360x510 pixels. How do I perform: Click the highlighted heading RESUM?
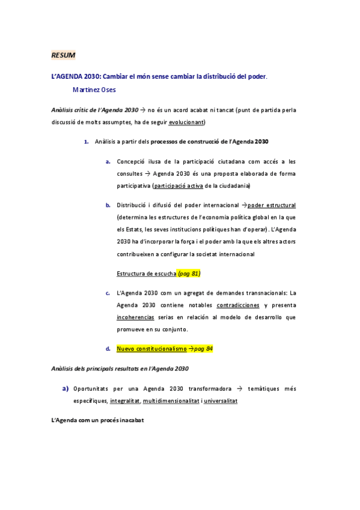tap(63, 55)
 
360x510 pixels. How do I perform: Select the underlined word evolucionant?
tap(186, 122)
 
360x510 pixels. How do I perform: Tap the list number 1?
tap(87, 142)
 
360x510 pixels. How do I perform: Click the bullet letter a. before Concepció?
tap(108, 162)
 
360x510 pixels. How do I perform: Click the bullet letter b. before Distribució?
tap(108, 205)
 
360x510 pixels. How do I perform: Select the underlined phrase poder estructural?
tap(272, 205)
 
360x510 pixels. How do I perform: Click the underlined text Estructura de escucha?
tap(146, 274)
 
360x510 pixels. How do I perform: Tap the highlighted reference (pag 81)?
tap(189, 274)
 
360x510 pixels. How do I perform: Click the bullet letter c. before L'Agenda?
tap(108, 293)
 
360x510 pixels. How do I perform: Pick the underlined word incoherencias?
tap(135, 317)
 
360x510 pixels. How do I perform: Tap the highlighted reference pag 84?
tap(203, 349)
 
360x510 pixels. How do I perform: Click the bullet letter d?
tap(108, 349)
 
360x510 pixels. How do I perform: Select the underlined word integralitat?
tap(125, 400)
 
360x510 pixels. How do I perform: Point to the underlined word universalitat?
tap(221, 400)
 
